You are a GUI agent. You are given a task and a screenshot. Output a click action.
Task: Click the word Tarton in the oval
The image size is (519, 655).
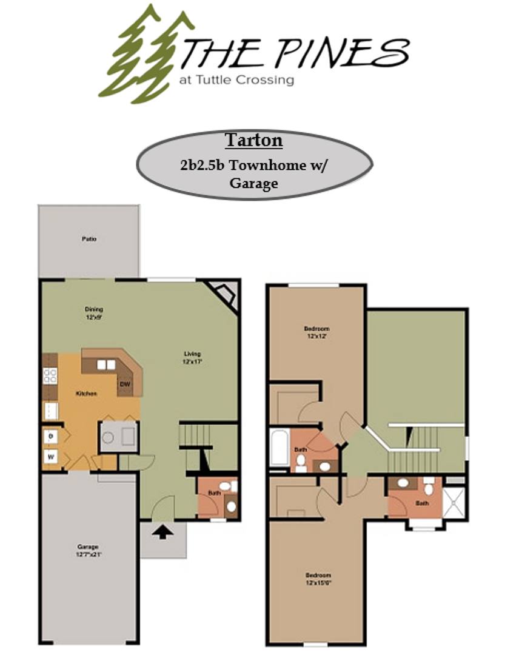tap(253, 140)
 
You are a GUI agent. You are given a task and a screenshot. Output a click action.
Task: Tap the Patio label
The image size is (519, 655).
tap(89, 239)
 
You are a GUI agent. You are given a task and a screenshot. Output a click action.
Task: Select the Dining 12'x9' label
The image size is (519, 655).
tap(93, 313)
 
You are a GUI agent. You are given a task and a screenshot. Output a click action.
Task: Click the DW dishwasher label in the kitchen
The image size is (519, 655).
tap(126, 385)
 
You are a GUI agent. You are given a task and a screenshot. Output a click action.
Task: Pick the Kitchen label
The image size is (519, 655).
tap(86, 394)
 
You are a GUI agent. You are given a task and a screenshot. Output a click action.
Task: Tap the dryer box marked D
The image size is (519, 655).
tap(50, 436)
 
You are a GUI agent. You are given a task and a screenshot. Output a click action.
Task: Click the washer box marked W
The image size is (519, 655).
tap(50, 456)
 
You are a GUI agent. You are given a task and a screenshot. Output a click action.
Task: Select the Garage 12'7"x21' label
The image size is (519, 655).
tap(87, 550)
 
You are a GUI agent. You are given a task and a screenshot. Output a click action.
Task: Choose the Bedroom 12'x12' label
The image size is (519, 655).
tap(316, 332)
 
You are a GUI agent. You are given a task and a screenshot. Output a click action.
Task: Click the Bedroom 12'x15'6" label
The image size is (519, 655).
tap(318, 579)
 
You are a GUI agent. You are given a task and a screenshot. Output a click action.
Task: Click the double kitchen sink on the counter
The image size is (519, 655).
tap(107, 364)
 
